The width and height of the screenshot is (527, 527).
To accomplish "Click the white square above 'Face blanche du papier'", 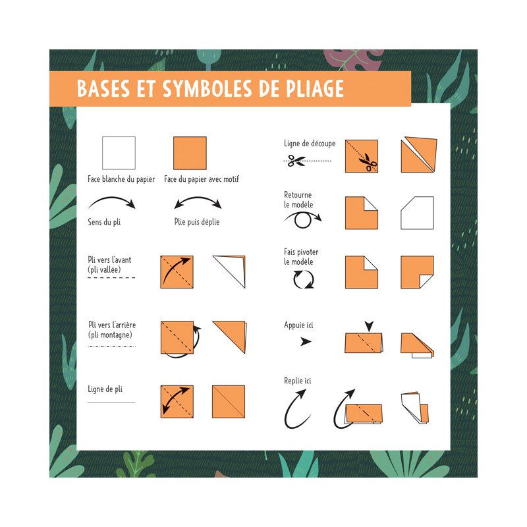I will coord(119,153).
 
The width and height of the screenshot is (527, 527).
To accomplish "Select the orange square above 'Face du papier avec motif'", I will coord(190,153).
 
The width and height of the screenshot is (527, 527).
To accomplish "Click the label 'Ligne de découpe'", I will coord(310,144).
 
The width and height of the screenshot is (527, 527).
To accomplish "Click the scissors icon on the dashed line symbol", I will coord(297,160).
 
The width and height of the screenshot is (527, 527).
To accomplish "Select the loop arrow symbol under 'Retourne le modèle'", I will coord(302,219).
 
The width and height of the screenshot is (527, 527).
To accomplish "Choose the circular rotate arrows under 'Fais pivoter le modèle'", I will coord(304,280).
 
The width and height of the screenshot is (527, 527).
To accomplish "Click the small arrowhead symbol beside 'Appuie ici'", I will coord(306,341).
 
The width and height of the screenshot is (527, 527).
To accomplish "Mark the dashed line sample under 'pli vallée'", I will coord(111,277).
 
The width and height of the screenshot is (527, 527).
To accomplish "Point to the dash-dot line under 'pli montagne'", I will coord(111,346).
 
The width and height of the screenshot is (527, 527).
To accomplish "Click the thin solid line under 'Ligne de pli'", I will coord(111,402).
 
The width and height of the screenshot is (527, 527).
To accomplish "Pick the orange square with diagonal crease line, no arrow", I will coord(229,402).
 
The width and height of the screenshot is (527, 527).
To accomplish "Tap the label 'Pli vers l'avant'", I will coord(109,260).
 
